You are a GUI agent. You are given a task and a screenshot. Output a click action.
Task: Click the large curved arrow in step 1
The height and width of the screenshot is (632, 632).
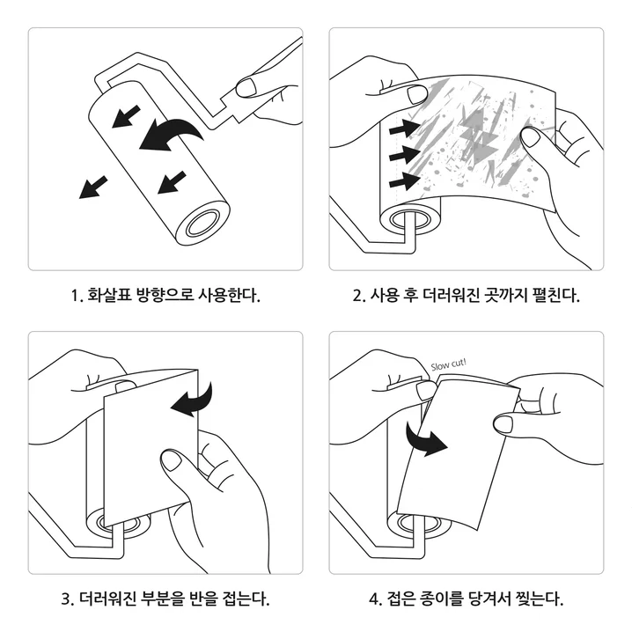171,133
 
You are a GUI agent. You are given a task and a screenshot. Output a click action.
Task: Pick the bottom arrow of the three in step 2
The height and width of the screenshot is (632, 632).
402,181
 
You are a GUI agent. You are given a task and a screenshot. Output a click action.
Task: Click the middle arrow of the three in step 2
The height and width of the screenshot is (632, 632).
402,155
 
